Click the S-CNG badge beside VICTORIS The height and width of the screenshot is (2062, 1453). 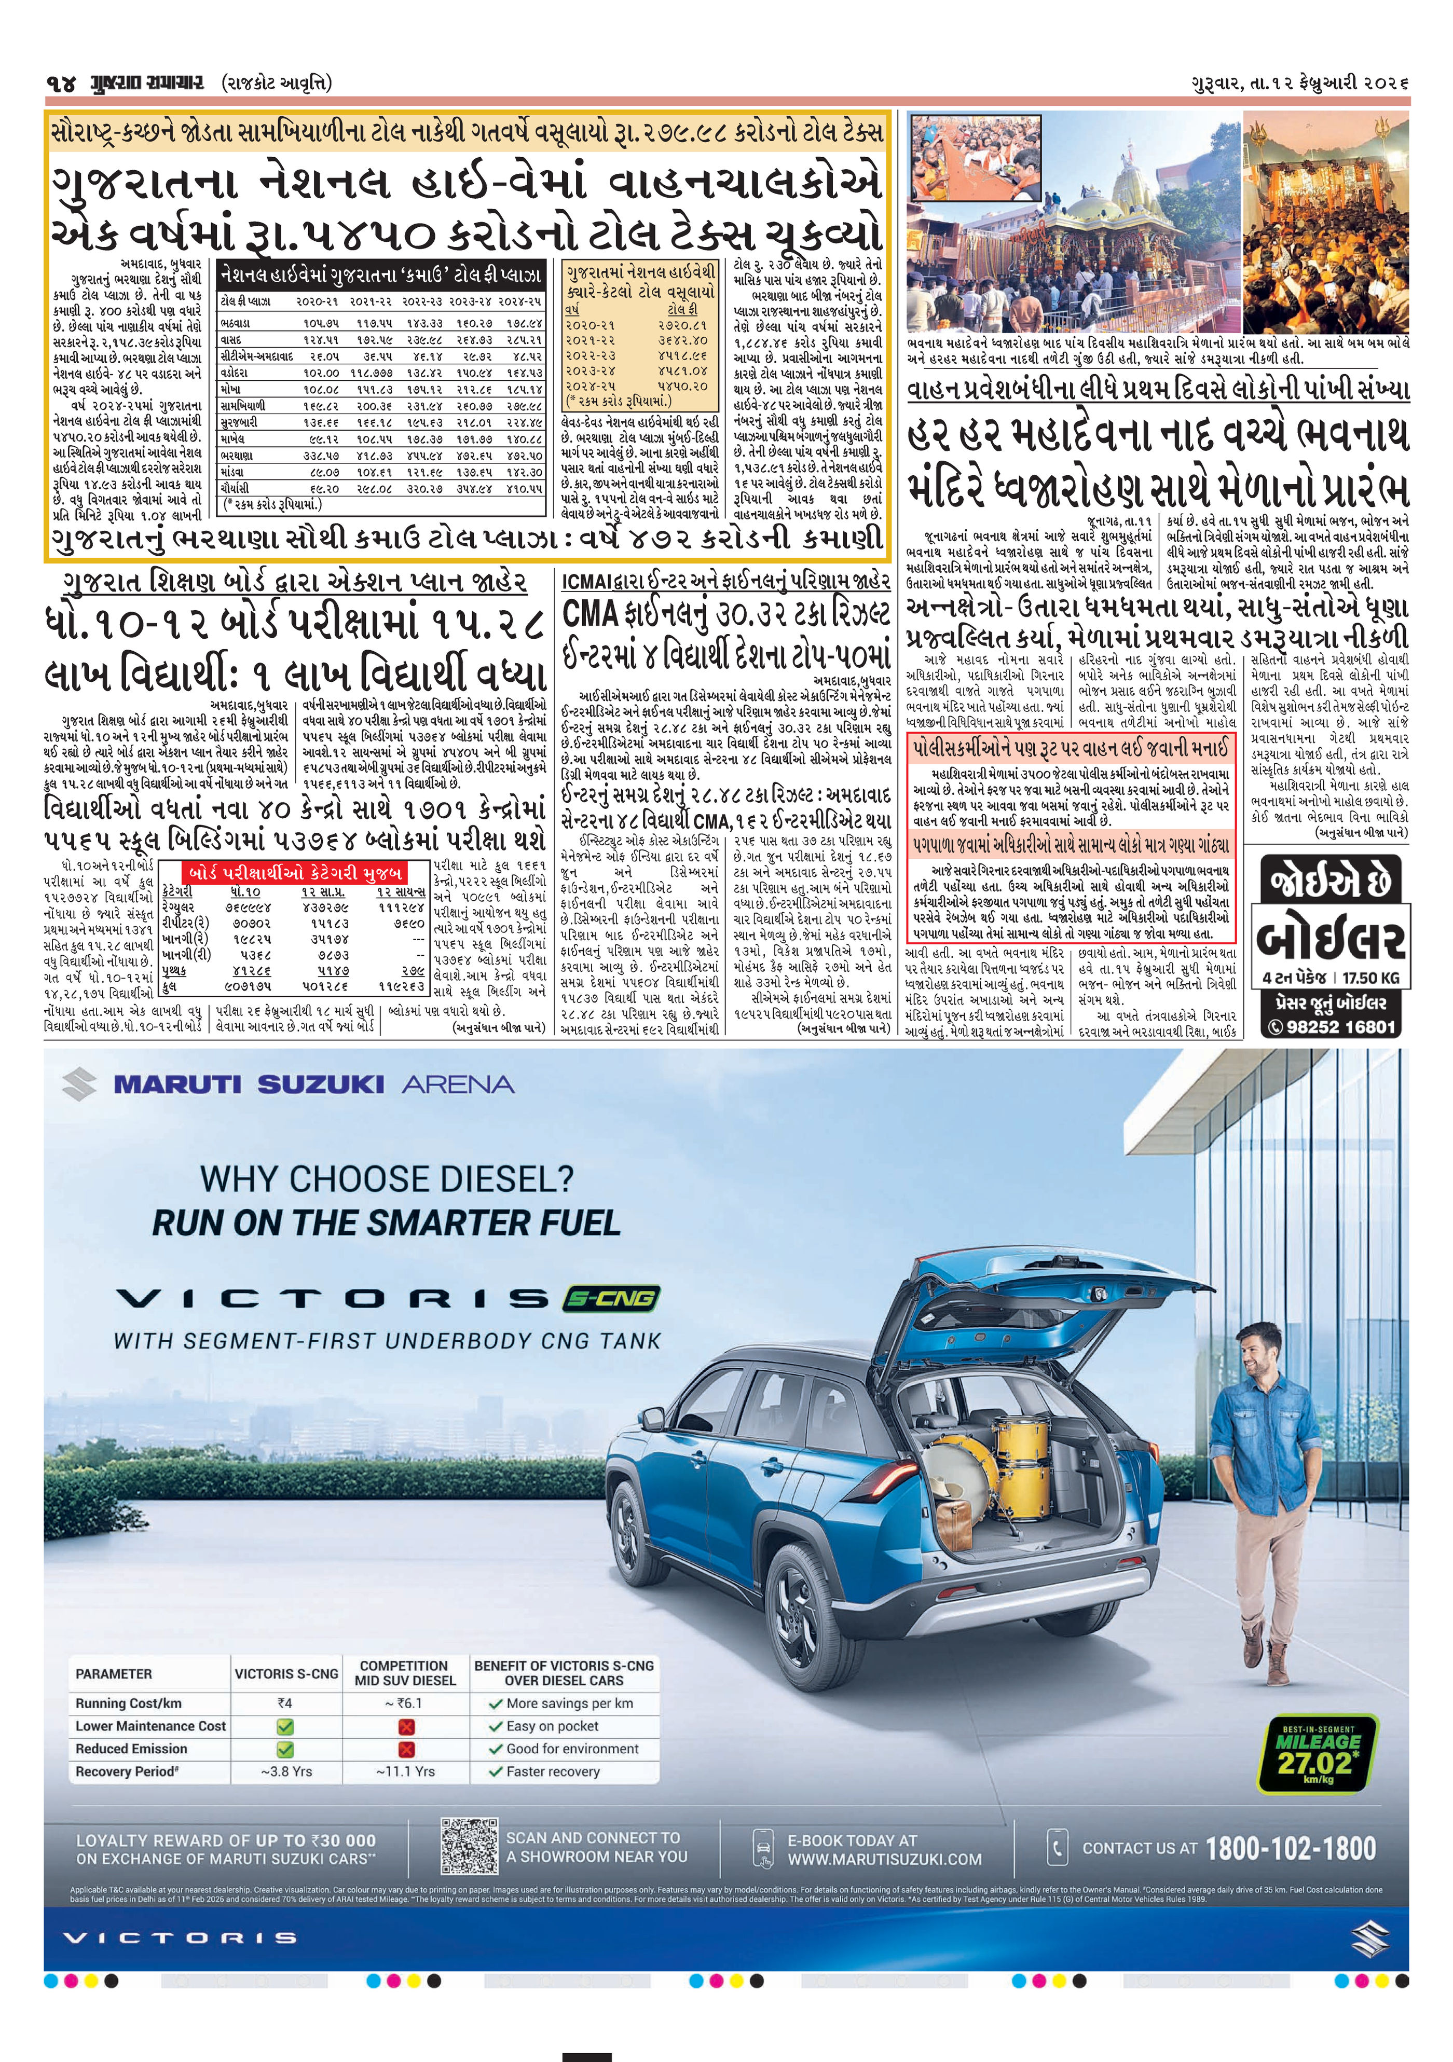[x=611, y=1298]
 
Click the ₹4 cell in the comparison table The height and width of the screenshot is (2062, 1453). [x=285, y=1703]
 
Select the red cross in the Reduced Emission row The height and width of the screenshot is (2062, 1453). [x=406, y=1749]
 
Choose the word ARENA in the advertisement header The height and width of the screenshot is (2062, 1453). [x=458, y=1085]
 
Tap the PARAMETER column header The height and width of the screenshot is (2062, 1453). [x=114, y=1674]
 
